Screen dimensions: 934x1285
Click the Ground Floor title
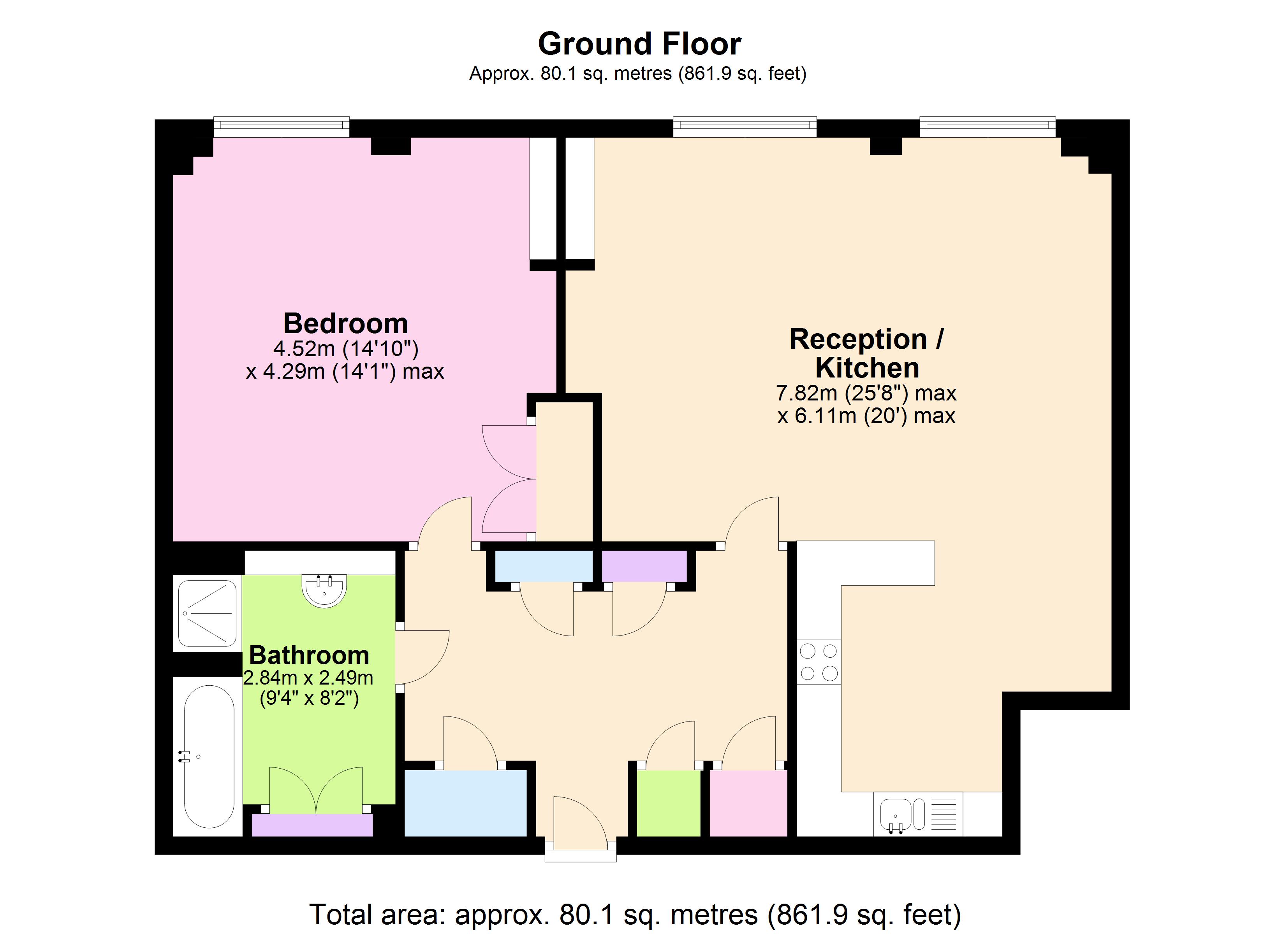pos(639,44)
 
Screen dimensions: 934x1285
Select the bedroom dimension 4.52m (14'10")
pos(346,348)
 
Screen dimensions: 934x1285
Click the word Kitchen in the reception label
pos(867,368)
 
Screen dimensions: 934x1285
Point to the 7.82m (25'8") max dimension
pos(866,393)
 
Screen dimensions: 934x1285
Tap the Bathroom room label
pos(309,655)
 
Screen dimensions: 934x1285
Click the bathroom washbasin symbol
pos(324,591)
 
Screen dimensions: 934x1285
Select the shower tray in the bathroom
pos(208,613)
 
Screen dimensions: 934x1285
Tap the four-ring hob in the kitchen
pos(819,662)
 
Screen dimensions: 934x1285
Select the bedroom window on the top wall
pos(282,127)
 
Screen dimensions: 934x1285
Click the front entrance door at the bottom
pos(580,827)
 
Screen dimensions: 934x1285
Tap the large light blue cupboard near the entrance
pos(466,803)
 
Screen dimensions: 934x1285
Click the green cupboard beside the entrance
pos(669,803)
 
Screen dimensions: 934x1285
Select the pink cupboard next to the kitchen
pos(748,803)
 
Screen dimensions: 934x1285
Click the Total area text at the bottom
pos(635,914)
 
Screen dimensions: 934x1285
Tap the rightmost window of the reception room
pos(988,127)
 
